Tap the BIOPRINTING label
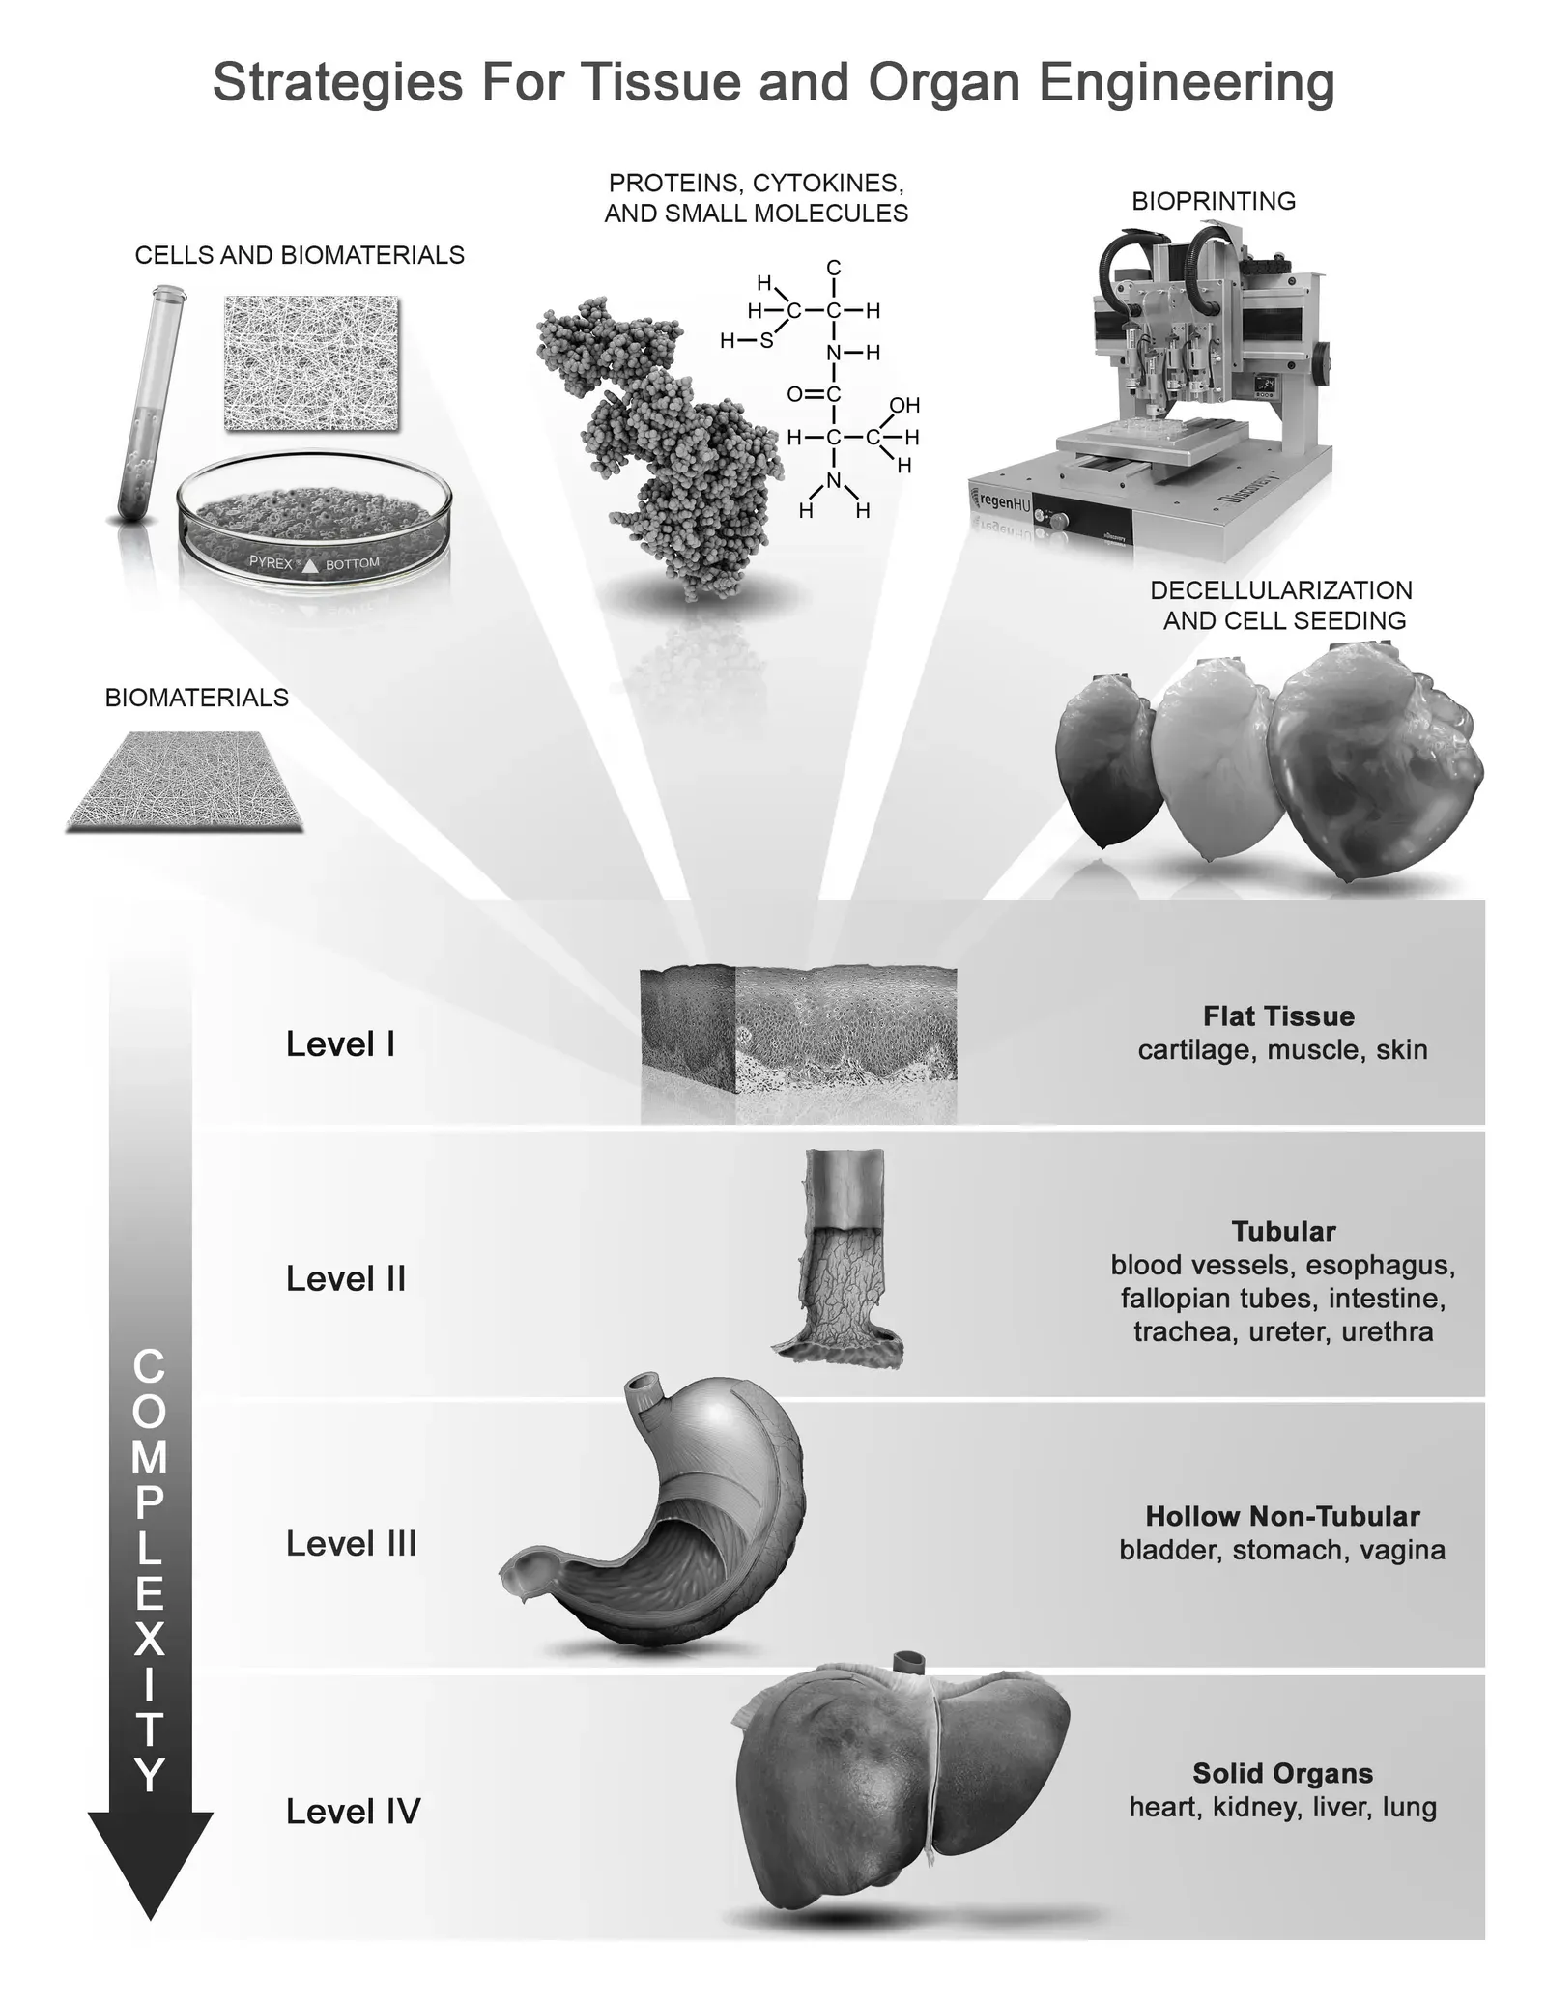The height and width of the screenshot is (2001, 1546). [1214, 201]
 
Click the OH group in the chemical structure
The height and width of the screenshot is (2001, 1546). [904, 405]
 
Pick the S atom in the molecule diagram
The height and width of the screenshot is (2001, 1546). [766, 340]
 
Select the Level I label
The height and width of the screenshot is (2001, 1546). [340, 1043]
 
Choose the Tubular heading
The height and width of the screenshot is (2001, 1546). [1283, 1231]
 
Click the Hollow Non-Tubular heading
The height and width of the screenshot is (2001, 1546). [1282, 1516]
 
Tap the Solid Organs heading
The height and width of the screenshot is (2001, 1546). [1282, 1773]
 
